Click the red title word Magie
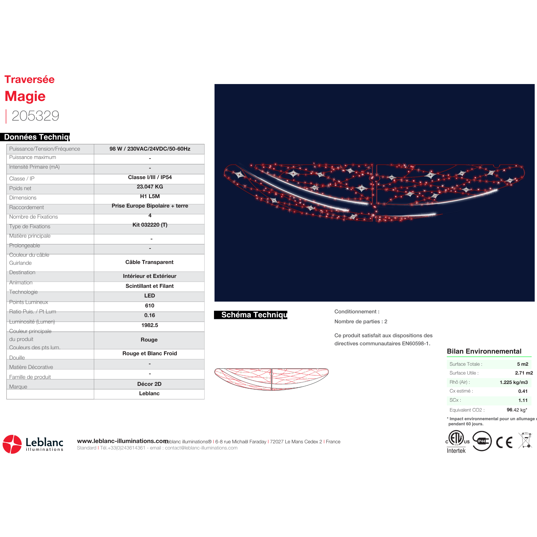click(25, 96)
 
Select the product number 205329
click(35, 116)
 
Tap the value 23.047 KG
click(150, 187)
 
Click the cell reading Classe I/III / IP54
click(150, 177)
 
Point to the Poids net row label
click(20, 188)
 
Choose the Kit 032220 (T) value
click(150, 225)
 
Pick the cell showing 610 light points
click(150, 306)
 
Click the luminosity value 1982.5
click(150, 325)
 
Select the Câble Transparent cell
click(149, 262)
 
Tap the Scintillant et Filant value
click(150, 286)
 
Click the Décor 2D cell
click(149, 384)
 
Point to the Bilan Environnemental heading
click(484, 351)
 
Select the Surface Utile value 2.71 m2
click(524, 373)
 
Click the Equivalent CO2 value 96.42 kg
click(516, 410)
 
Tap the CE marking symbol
click(504, 442)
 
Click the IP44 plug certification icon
click(482, 441)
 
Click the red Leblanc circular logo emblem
click(12, 444)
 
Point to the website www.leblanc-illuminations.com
click(122, 441)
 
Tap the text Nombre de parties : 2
click(361, 322)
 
